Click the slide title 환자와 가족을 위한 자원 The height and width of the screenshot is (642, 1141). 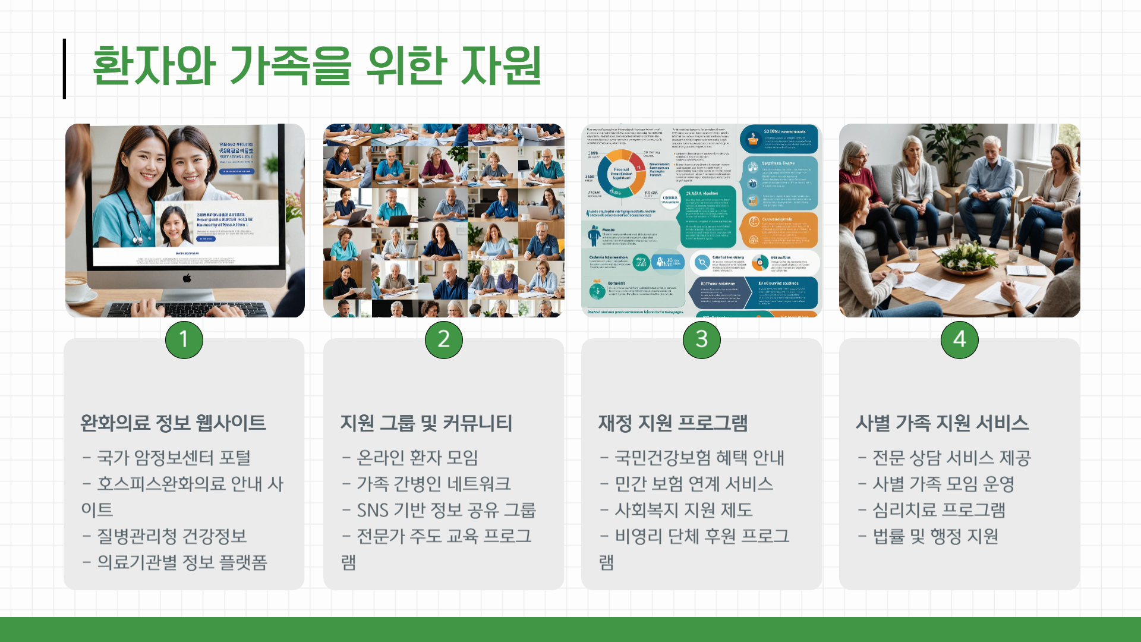coord(317,65)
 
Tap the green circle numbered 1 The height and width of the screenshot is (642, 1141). coord(184,339)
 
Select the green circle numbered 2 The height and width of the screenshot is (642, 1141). coord(444,339)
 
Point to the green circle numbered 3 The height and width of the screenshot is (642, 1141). coord(702,339)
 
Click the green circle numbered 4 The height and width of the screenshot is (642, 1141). coord(960,339)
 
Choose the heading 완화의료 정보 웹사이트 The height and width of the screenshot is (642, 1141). coord(173,423)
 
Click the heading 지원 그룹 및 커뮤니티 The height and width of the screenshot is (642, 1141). coord(426,423)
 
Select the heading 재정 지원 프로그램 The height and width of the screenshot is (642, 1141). coord(673,423)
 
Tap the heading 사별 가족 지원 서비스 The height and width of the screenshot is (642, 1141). coord(942,423)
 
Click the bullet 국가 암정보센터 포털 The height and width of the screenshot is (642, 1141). coord(174,458)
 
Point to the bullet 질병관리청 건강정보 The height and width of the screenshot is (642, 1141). coord(172,536)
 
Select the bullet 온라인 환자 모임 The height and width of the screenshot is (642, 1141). coord(417,458)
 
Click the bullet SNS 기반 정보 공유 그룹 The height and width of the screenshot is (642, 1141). coord(446,510)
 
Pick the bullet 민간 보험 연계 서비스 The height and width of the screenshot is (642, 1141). coord(694,484)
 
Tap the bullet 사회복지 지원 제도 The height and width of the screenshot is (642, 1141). coord(683,510)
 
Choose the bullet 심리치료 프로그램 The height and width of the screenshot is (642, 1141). coord(938,510)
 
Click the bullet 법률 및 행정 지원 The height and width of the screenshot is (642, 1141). coord(935,536)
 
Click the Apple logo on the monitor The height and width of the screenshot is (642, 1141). coord(187,278)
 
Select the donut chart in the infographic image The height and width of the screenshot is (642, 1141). coord(622,173)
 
